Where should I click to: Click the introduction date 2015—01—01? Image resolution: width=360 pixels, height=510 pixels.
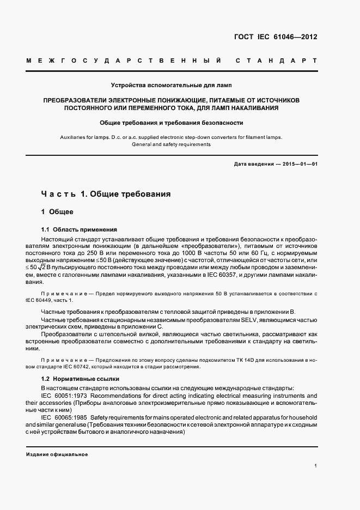[x=298, y=164]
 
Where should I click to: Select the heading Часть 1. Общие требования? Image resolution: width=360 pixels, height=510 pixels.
[x=106, y=193]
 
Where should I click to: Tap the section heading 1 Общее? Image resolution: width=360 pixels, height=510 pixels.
[x=57, y=211]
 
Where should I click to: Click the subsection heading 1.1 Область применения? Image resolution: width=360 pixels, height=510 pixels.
[x=79, y=229]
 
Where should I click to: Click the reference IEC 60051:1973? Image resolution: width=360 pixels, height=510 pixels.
[x=68, y=395]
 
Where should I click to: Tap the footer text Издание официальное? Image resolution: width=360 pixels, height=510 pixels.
[x=57, y=454]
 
